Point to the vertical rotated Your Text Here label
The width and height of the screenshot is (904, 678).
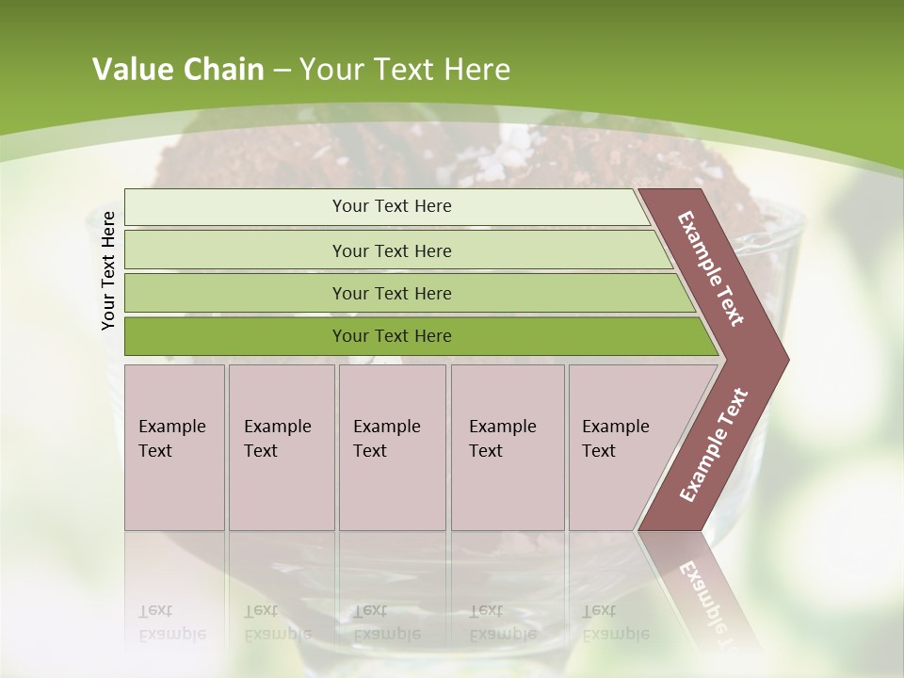coord(108,270)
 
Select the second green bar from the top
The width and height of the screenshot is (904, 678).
coord(392,250)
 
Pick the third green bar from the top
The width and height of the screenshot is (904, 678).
coord(392,293)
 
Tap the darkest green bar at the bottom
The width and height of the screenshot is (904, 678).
coord(392,336)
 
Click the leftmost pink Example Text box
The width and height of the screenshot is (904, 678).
coord(174,447)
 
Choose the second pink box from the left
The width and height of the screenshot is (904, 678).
coord(281,447)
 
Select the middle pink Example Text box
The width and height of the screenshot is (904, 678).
coord(392,447)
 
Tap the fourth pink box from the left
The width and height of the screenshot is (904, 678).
coord(507,447)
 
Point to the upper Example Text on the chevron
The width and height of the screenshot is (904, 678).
coord(711,268)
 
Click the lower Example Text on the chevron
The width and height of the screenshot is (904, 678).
coord(714,445)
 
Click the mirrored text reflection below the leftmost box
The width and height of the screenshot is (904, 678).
coord(172,621)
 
